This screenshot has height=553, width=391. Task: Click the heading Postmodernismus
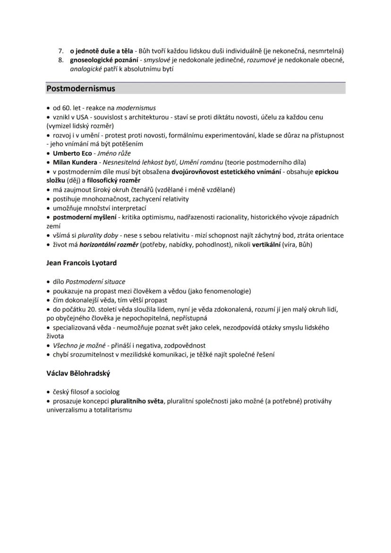pos(81,88)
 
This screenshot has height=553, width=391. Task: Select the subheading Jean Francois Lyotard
pos(81,263)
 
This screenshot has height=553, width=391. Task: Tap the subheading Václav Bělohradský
pos(78,373)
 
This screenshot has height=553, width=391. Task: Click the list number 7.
pos(61,51)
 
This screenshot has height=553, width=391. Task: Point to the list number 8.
pos(61,60)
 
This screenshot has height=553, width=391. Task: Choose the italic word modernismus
pos(136,108)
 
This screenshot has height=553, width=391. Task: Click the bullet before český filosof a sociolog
pos(49,392)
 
